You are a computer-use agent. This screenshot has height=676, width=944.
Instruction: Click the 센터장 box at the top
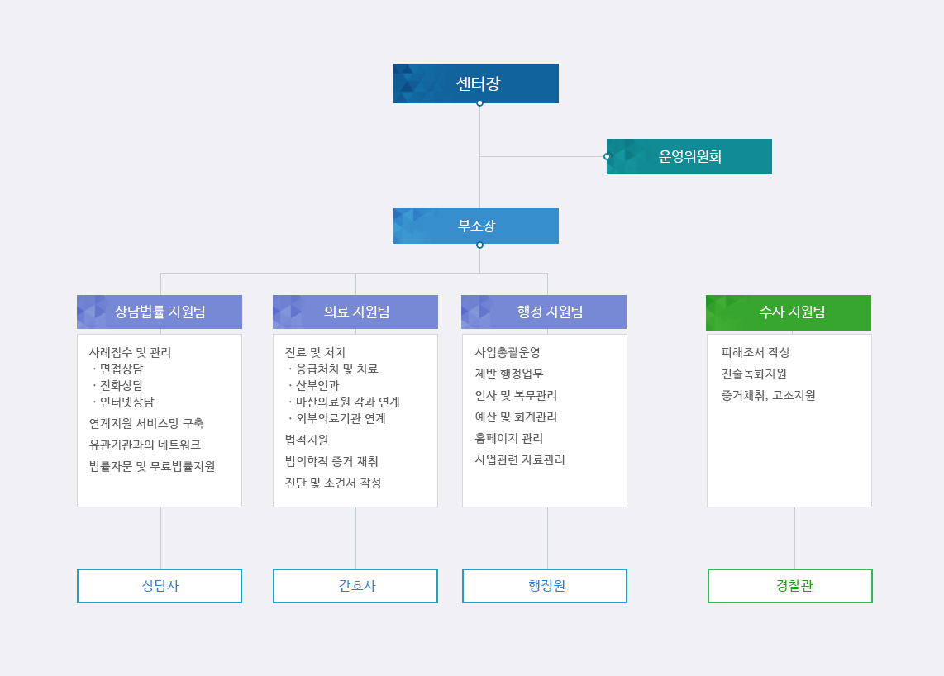click(475, 83)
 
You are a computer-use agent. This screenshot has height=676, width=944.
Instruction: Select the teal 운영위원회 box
click(689, 156)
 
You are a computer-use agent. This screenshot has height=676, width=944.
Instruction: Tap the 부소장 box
click(475, 226)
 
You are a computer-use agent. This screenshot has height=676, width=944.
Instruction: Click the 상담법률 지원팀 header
click(160, 312)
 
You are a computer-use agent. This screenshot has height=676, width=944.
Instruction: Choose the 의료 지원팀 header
click(355, 312)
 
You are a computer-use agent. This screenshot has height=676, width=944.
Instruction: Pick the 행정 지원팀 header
click(544, 312)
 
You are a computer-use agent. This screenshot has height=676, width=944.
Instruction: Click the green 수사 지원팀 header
click(789, 312)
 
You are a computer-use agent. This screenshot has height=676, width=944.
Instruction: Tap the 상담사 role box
click(160, 586)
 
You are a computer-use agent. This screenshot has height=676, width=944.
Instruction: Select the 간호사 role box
click(355, 586)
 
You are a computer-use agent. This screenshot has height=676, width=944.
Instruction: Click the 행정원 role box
click(544, 586)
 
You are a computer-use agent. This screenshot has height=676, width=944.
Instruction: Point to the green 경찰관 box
click(790, 586)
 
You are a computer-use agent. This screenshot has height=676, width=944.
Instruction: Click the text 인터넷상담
click(127, 402)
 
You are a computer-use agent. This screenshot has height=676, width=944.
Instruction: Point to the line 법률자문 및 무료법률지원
click(152, 467)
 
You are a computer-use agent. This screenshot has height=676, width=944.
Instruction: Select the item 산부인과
click(317, 385)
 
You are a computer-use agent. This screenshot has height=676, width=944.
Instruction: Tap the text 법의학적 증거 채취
click(331, 462)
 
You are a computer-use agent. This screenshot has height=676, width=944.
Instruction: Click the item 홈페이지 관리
click(508, 438)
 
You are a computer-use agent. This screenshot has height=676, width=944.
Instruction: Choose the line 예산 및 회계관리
click(516, 417)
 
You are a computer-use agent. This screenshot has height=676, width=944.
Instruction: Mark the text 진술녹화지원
click(754, 374)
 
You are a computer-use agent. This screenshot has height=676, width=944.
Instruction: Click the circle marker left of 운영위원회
click(607, 156)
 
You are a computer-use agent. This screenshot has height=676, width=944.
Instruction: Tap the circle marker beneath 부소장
click(479, 245)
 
